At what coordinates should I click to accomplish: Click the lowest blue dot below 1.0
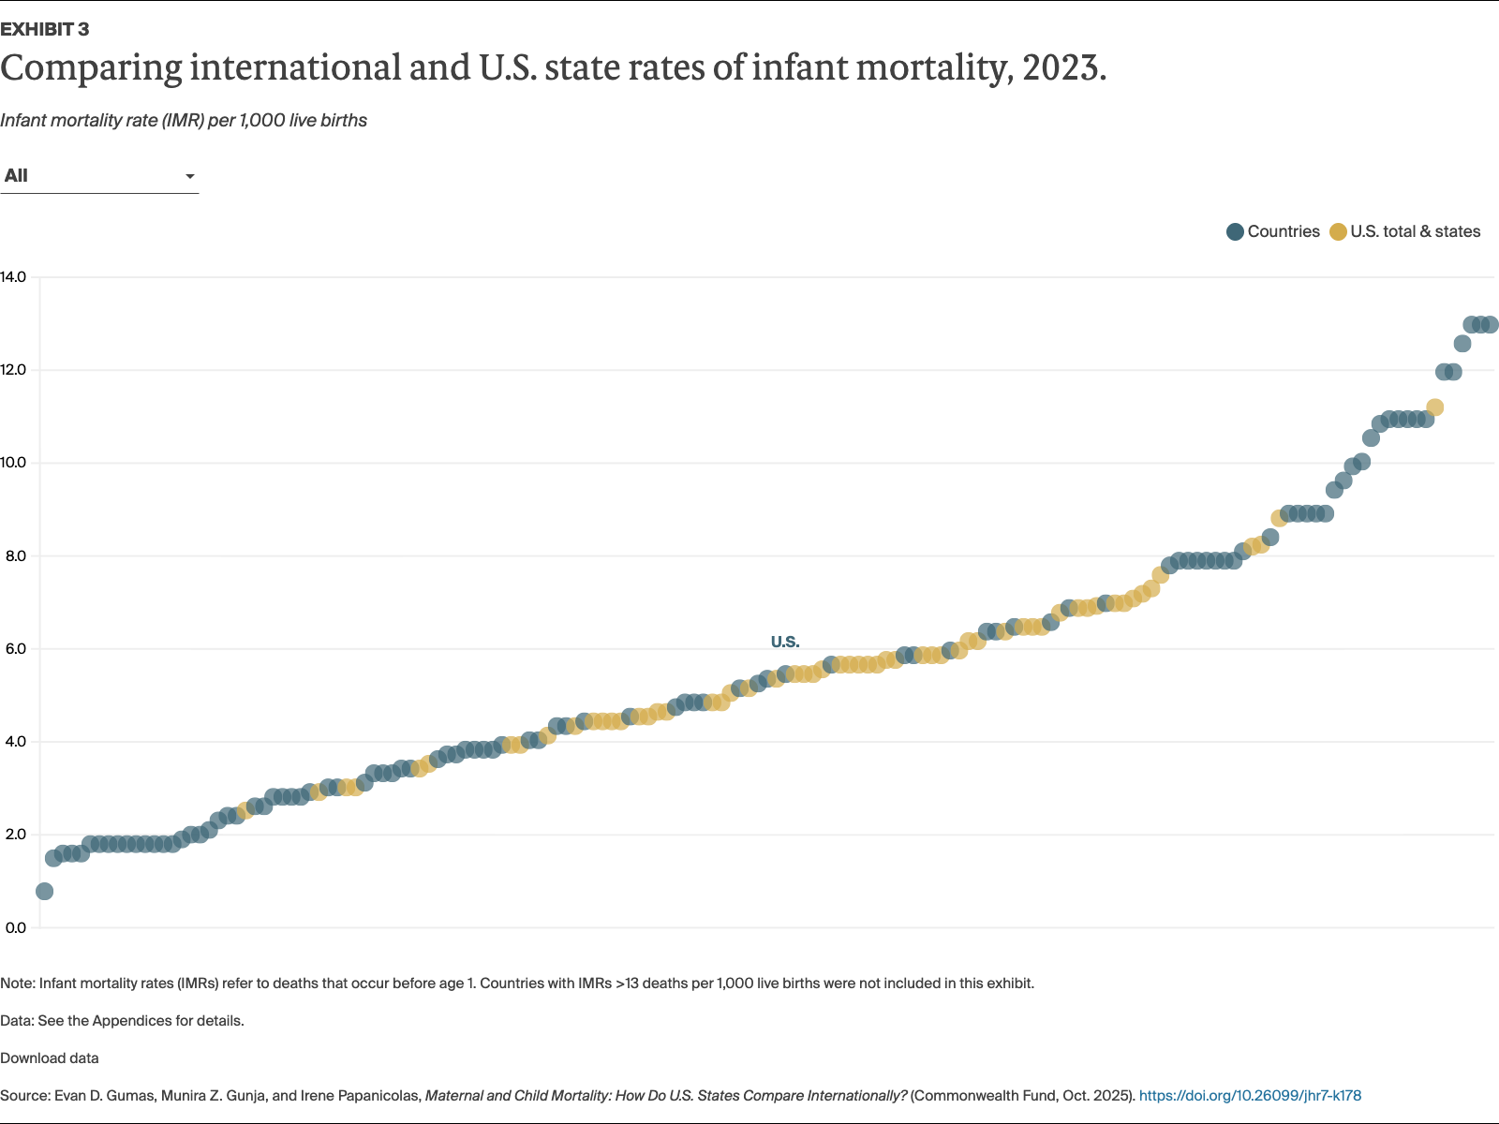point(44,891)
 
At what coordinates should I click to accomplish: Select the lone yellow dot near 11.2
point(1434,407)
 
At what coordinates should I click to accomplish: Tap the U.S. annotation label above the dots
point(785,642)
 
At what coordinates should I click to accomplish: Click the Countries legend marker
point(1235,231)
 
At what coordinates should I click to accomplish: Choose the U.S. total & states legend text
point(1415,231)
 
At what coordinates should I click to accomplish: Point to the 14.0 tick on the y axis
point(13,277)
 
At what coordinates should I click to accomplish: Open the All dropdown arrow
point(190,176)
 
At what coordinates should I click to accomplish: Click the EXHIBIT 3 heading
point(45,29)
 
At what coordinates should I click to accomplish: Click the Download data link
point(50,1058)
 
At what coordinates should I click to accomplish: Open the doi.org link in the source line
point(1250,1096)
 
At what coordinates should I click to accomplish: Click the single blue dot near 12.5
point(1462,344)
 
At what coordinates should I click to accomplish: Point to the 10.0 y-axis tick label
point(13,463)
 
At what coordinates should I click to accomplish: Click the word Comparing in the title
point(92,67)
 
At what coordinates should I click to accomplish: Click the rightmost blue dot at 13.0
point(1490,324)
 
